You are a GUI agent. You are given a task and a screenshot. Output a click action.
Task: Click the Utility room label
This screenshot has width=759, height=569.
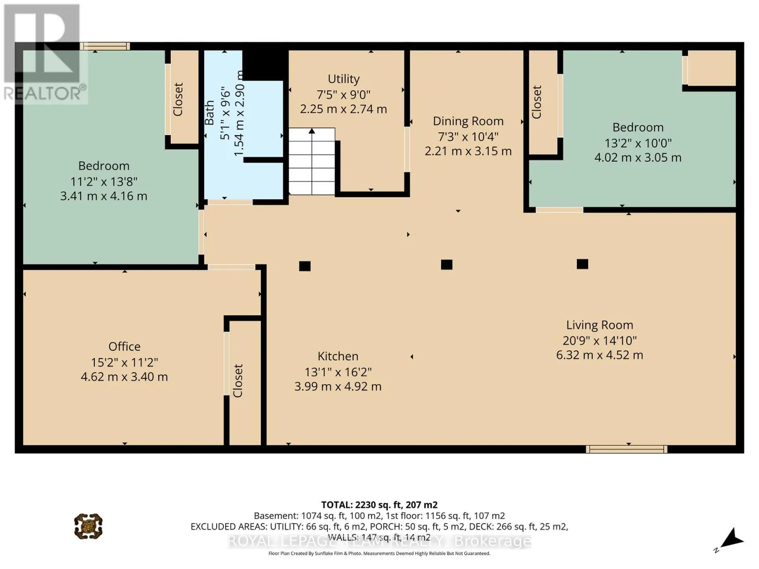(343, 79)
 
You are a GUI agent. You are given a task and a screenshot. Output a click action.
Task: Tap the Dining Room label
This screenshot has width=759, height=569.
(468, 121)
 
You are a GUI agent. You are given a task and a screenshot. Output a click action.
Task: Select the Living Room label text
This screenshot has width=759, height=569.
(599, 325)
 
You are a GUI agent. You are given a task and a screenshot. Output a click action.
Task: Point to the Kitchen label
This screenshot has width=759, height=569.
(338, 356)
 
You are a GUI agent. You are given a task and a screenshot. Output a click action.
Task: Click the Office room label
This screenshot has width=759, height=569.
(124, 347)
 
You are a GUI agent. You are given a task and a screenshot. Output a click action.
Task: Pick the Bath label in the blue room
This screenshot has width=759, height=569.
(210, 113)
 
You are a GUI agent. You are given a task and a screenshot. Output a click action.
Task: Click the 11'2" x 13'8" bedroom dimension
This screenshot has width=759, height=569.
(104, 182)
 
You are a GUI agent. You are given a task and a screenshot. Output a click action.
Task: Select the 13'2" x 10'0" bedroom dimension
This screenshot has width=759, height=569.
(638, 143)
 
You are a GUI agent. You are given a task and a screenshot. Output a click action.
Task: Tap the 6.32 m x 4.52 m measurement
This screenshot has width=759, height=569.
(599, 355)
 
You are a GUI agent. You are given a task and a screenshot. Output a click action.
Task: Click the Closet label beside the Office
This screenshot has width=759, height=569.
(238, 381)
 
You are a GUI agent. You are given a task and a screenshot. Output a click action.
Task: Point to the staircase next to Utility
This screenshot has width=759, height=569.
(312, 161)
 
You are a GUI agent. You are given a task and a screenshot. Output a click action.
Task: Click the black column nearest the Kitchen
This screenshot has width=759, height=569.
(305, 266)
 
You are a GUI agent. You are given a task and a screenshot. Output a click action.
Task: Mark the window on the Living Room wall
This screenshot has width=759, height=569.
(626, 449)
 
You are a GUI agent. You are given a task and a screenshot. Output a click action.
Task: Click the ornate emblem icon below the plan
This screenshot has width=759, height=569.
(88, 526)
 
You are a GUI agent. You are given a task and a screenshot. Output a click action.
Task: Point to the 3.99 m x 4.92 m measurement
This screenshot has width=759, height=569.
(338, 386)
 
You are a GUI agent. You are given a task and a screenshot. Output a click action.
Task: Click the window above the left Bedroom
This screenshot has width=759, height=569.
(105, 46)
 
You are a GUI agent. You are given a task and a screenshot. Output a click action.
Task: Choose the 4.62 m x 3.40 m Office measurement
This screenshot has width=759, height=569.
(124, 376)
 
